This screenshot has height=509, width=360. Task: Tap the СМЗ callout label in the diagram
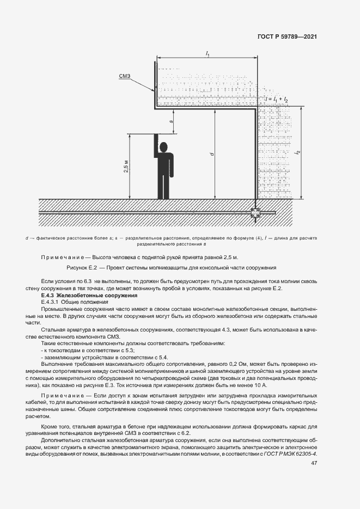coord(125,76)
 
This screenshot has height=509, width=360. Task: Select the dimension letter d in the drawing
coord(211,155)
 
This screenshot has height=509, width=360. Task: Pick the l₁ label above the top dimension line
coord(208,53)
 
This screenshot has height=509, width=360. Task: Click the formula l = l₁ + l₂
coord(277,99)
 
